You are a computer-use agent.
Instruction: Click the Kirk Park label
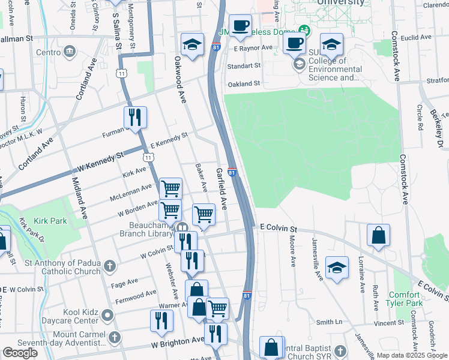(50, 221)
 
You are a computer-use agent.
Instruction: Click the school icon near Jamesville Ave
(337, 268)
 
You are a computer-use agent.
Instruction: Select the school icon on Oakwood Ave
(192, 45)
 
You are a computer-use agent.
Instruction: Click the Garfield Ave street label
(221, 188)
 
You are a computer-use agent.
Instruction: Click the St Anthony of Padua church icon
(110, 265)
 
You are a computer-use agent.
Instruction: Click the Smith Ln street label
(329, 322)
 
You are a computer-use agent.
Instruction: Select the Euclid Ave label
(417, 37)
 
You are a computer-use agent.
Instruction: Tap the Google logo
(20, 353)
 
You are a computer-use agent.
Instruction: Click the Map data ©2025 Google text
(412, 355)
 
